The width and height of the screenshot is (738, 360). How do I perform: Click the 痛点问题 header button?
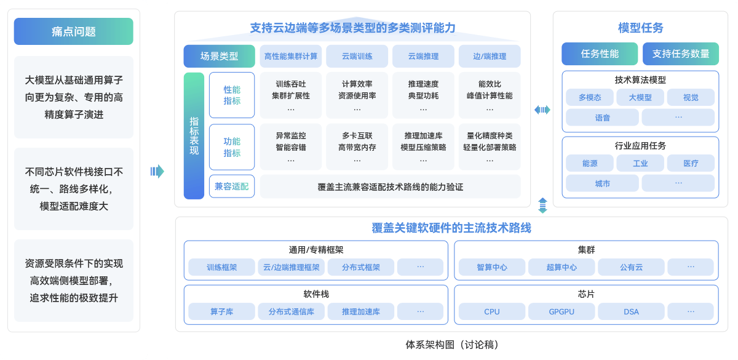pyautogui.click(x=73, y=31)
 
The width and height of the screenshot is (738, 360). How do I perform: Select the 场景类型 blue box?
pyautogui.click(x=219, y=56)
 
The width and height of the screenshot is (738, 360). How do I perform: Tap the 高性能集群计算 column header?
pyautogui.click(x=291, y=56)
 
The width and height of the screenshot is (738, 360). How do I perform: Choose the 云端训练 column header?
pyautogui.click(x=357, y=56)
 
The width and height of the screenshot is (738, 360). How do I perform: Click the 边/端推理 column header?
pyautogui.click(x=490, y=56)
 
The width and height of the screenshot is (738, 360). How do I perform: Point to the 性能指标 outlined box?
pyautogui.click(x=232, y=95)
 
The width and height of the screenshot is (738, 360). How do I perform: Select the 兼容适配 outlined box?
pyautogui.click(x=232, y=186)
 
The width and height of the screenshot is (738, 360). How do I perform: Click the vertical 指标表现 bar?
pyautogui.click(x=194, y=136)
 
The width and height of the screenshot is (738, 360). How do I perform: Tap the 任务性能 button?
pyautogui.click(x=600, y=54)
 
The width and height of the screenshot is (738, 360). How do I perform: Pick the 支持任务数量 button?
pyautogui.click(x=681, y=54)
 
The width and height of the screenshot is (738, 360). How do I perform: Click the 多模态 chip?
pyautogui.click(x=590, y=97)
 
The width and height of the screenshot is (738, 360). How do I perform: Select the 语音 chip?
pyautogui.click(x=602, y=118)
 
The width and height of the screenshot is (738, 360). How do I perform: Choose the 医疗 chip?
pyautogui.click(x=691, y=163)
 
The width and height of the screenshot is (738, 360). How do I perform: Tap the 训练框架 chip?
pyautogui.click(x=221, y=267)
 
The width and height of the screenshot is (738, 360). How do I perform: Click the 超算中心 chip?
pyautogui.click(x=561, y=267)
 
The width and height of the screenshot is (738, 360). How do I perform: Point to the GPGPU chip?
pyautogui.click(x=561, y=311)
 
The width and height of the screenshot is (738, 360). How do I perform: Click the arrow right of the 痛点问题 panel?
pyautogui.click(x=157, y=172)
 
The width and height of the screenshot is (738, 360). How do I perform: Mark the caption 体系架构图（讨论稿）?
pyautogui.click(x=452, y=345)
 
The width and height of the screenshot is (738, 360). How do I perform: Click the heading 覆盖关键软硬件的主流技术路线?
pyautogui.click(x=451, y=228)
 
